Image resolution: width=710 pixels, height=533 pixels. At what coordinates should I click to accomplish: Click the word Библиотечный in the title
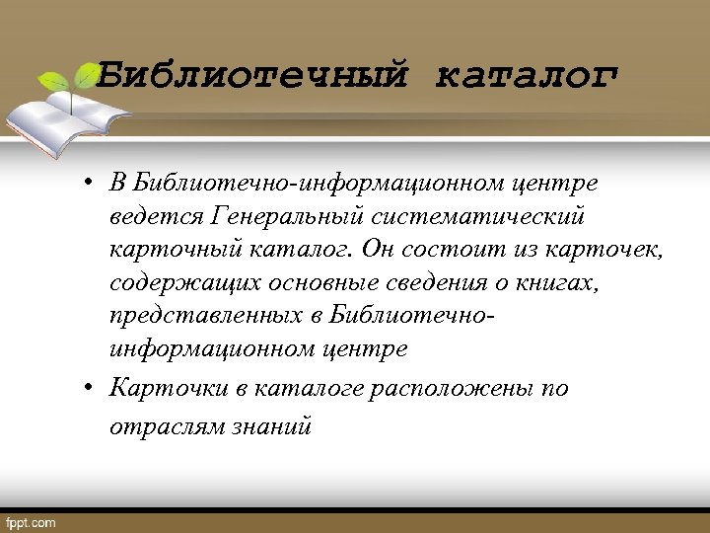point(251,77)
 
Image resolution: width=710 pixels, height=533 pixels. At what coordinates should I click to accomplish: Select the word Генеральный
point(289,215)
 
